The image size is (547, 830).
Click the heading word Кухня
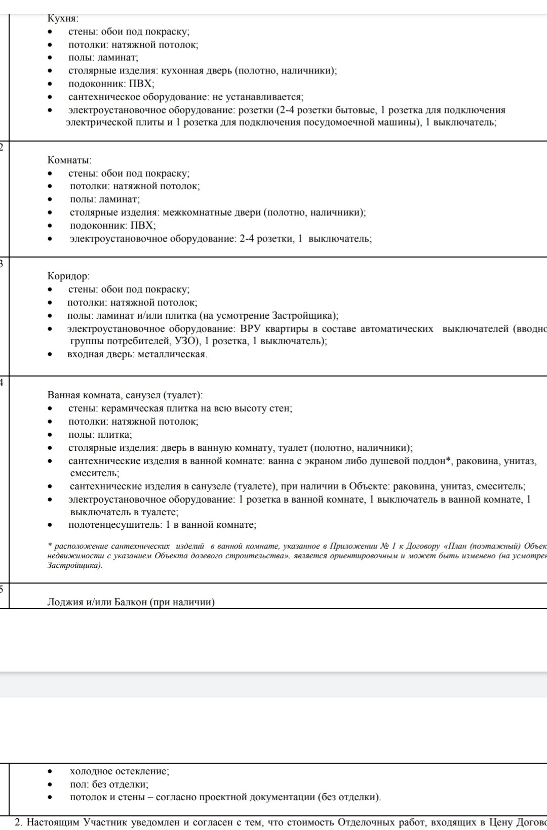click(62, 19)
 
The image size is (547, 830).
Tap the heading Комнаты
click(69, 160)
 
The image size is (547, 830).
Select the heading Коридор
click(68, 276)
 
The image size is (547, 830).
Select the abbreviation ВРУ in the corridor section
click(250, 329)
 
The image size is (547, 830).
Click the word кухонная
click(184, 71)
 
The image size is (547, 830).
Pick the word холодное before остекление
click(91, 771)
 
